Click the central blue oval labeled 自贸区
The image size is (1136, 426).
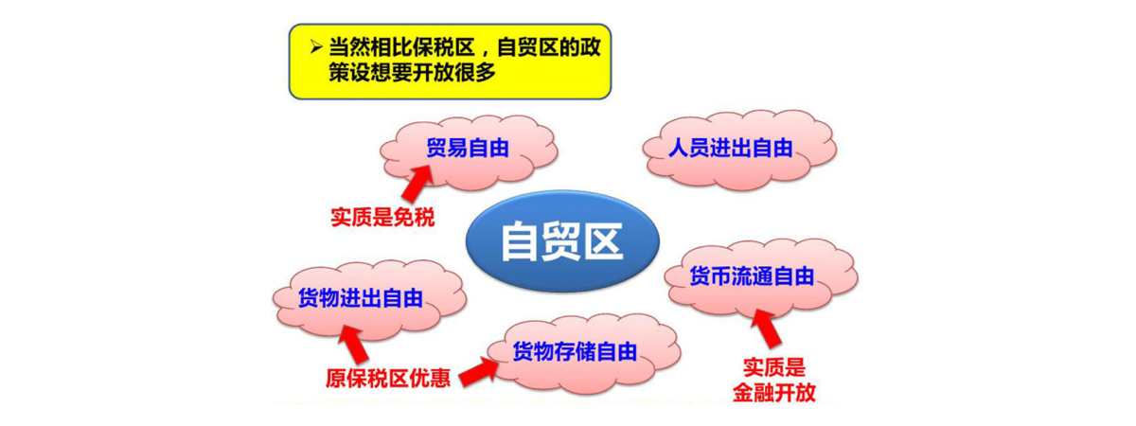(x=560, y=241)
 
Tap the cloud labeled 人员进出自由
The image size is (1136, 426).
(x=729, y=150)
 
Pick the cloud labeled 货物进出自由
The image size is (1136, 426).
(x=360, y=299)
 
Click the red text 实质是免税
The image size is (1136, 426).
(x=382, y=217)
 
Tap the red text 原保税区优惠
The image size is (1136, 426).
(x=387, y=377)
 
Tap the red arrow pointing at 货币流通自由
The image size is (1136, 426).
(x=769, y=330)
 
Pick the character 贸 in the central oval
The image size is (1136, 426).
(x=560, y=241)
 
